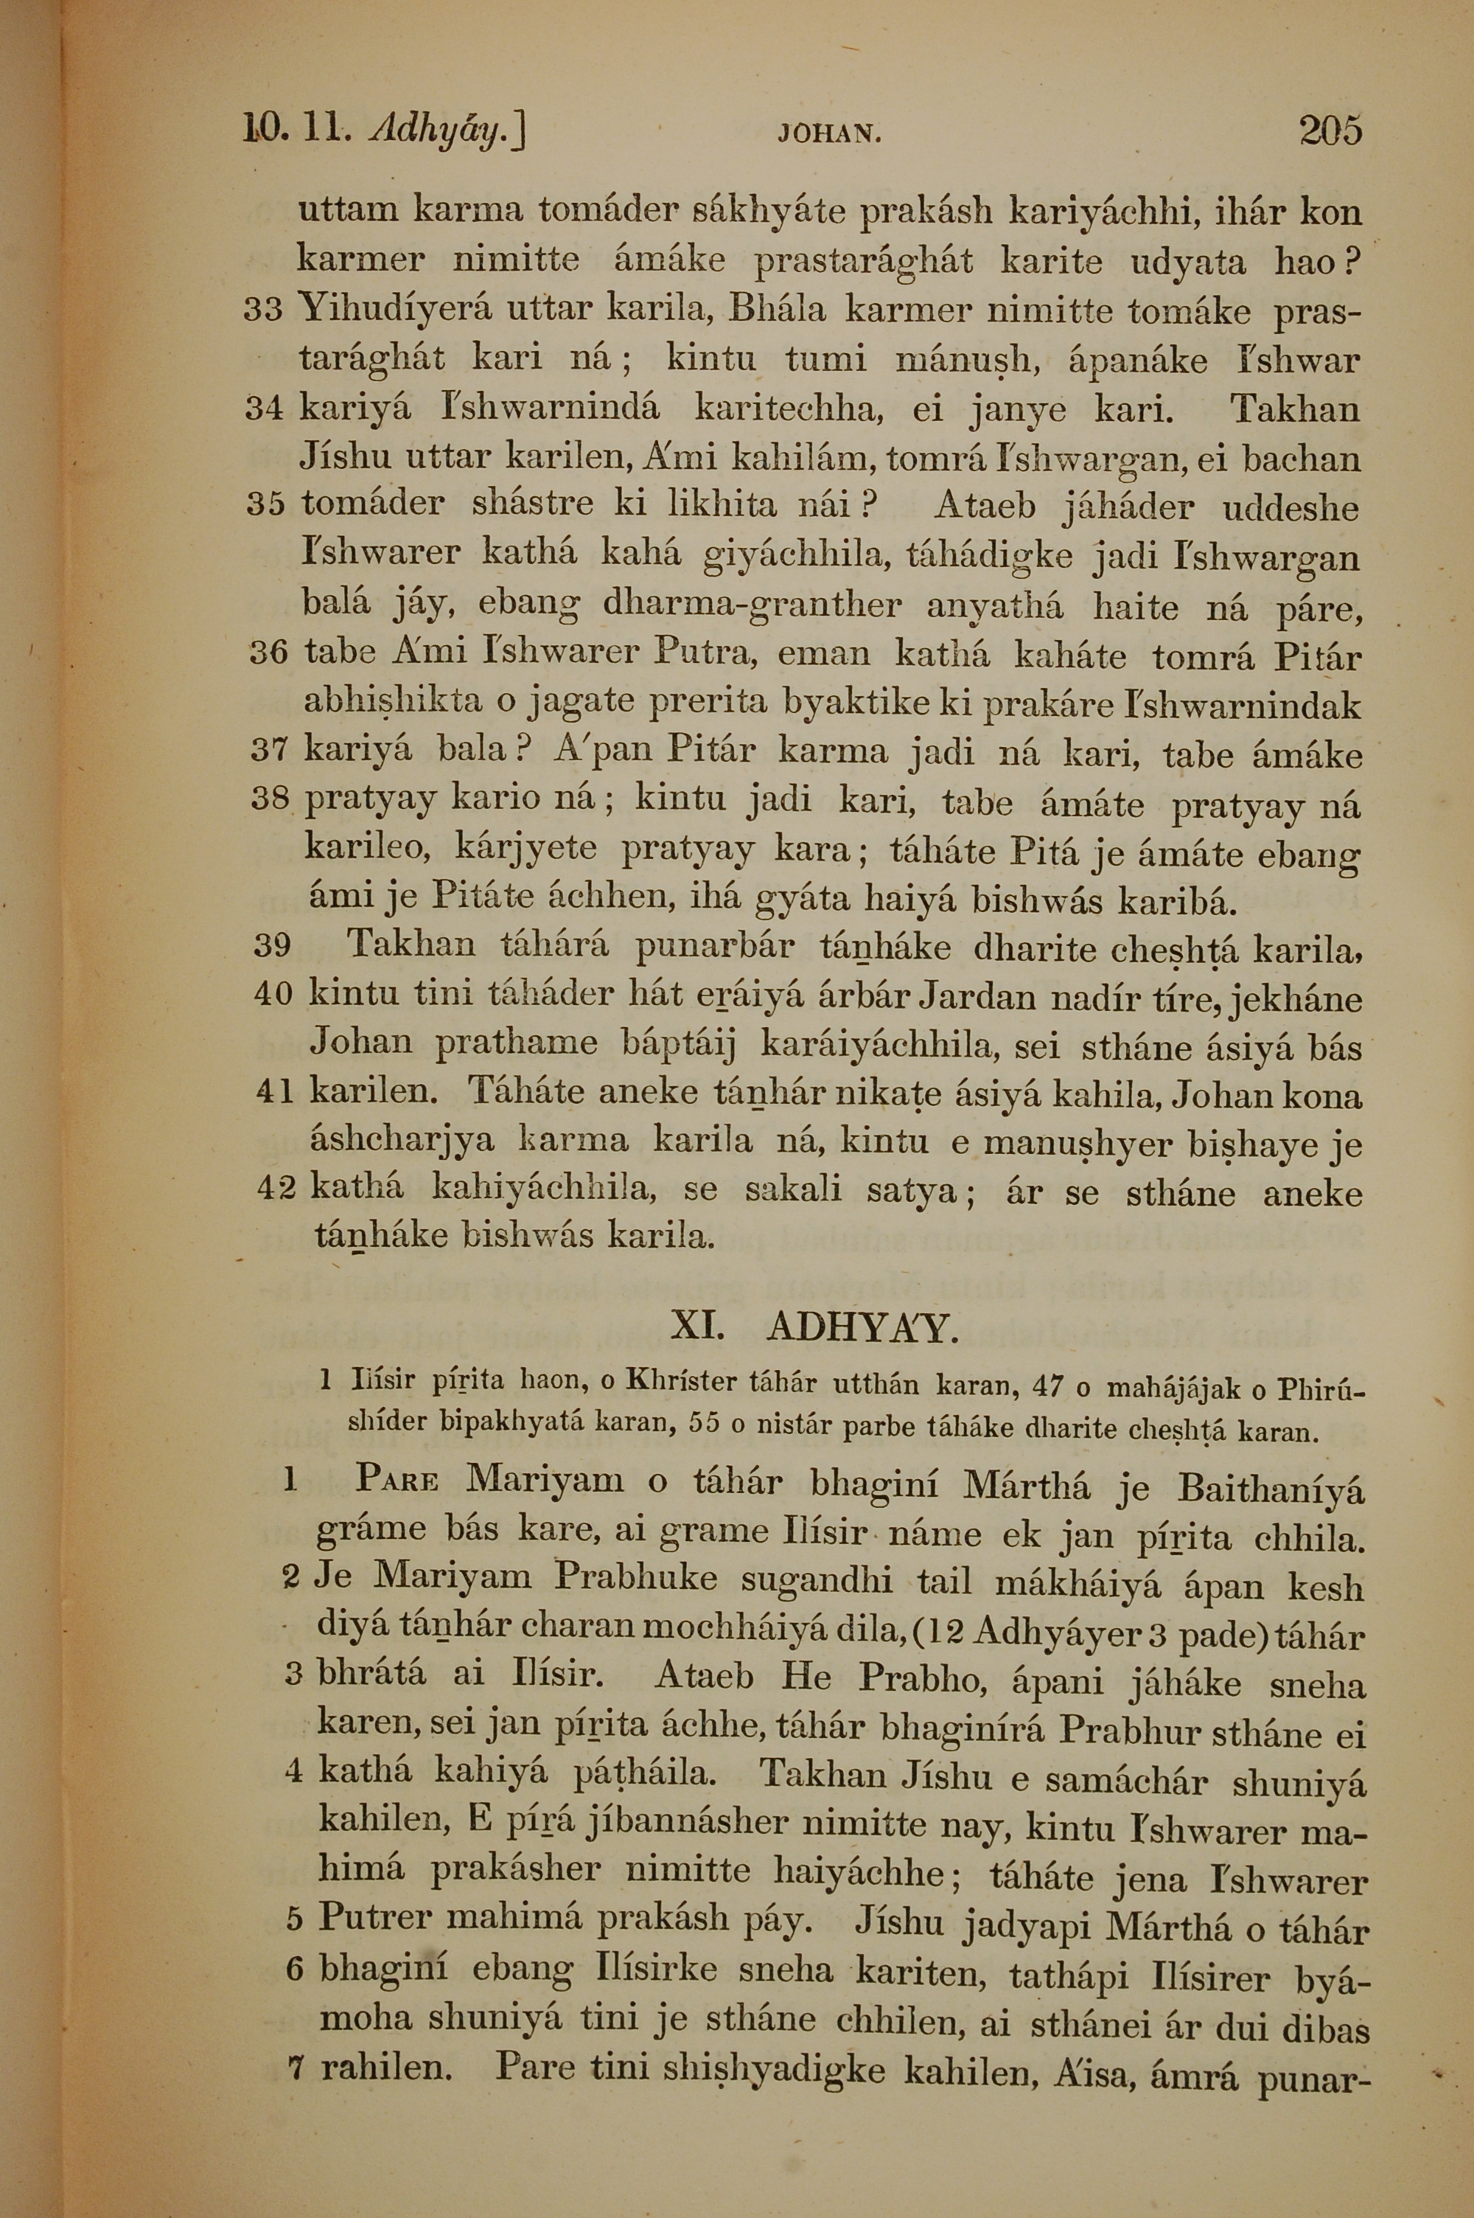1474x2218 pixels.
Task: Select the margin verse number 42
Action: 276,1189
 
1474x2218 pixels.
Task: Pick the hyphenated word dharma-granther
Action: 751,605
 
